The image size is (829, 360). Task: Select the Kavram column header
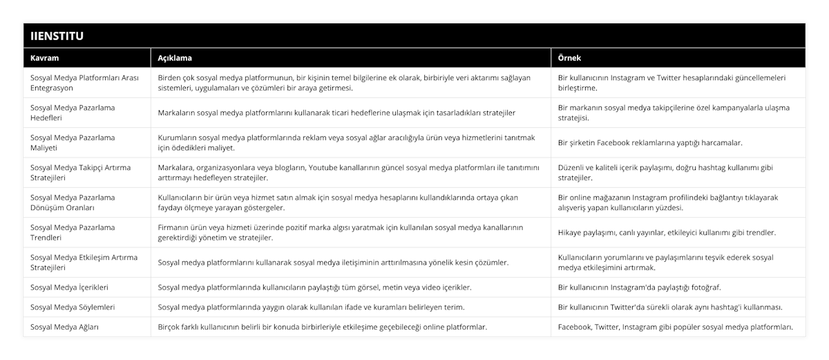point(44,58)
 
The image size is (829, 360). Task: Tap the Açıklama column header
point(175,58)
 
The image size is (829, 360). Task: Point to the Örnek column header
point(571,58)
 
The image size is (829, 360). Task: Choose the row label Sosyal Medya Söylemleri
point(73,306)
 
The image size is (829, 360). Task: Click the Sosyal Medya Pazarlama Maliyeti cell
point(73,142)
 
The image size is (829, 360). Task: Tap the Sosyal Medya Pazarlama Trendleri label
point(73,232)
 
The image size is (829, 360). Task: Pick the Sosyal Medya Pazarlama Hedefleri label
point(73,113)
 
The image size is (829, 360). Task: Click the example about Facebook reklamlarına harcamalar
point(650,143)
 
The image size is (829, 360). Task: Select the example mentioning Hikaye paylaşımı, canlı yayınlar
point(667,232)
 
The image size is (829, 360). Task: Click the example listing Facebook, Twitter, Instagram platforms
point(675,326)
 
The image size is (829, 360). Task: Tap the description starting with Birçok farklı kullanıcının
point(322,326)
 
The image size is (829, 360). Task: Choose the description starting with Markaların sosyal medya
point(336,113)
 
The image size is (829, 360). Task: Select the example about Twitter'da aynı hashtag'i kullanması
point(670,306)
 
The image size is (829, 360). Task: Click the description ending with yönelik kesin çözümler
point(334,263)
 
